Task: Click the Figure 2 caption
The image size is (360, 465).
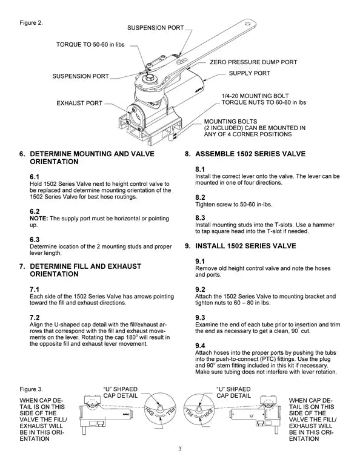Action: coord(30,23)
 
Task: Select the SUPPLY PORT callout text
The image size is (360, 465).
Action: coord(249,73)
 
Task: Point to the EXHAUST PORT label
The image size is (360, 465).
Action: coord(79,104)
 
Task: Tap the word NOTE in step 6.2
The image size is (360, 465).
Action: coord(39,218)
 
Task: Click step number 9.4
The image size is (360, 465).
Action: coord(200,345)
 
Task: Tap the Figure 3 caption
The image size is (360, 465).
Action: coord(30,387)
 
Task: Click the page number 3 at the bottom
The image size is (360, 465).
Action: coord(180,449)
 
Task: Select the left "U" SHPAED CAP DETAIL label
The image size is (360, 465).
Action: coord(124,391)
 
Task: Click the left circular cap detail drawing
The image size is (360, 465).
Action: coord(159,417)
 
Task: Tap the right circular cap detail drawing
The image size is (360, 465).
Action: coord(201,417)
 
